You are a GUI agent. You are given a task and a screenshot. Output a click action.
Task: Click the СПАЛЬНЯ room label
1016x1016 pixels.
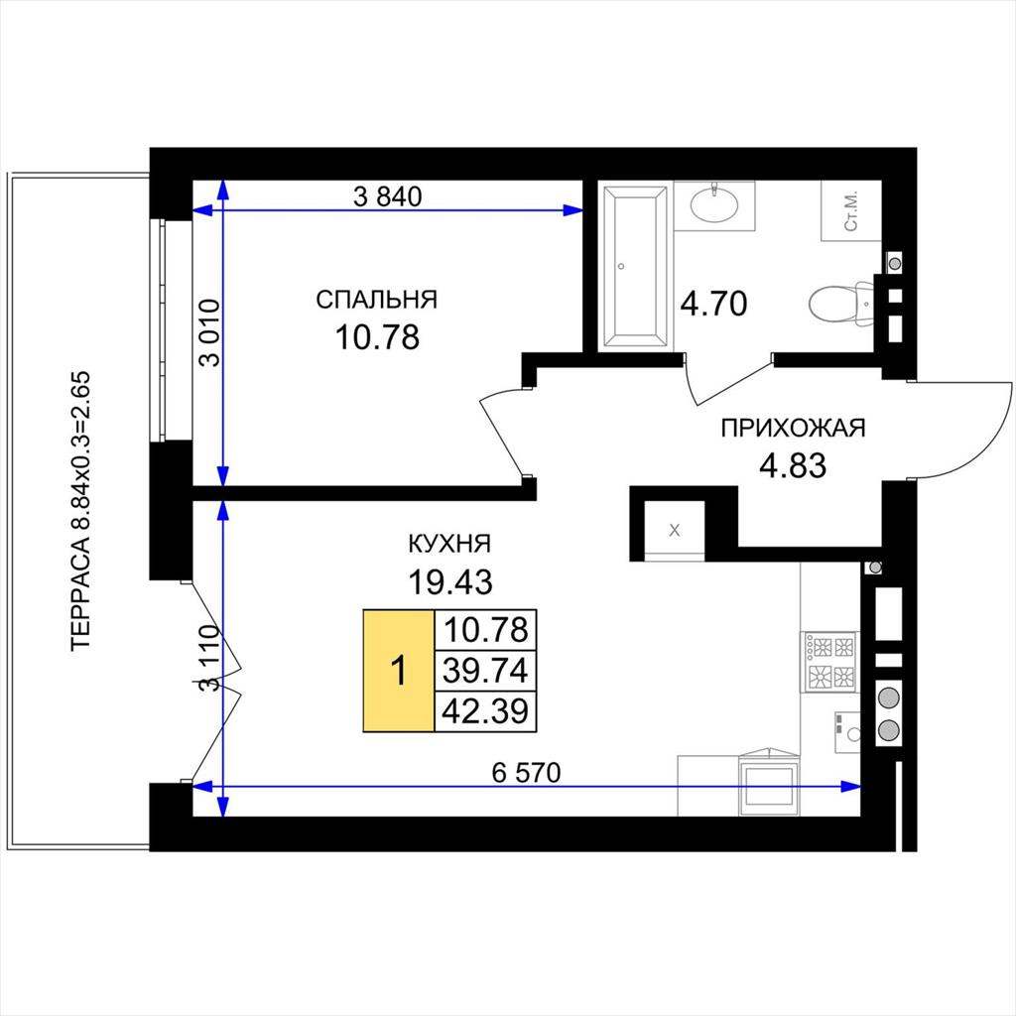tap(376, 300)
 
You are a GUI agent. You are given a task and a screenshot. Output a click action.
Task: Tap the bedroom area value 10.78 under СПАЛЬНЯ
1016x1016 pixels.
tap(377, 337)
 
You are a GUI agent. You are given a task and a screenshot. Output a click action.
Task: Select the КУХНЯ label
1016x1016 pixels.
tap(449, 544)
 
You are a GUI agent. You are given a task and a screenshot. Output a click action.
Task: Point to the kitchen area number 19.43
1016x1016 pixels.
tap(449, 581)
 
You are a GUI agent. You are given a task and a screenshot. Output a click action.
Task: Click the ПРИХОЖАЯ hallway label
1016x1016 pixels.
tap(793, 429)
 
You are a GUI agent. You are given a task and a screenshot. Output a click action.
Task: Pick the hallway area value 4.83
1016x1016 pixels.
tap(793, 465)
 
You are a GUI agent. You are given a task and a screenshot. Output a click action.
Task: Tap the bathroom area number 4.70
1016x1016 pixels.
tap(713, 304)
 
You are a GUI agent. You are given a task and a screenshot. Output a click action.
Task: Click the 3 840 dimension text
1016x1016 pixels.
tap(388, 196)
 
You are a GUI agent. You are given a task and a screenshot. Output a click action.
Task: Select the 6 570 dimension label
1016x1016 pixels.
tap(526, 772)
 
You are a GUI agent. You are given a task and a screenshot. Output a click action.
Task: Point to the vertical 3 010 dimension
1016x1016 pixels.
tap(210, 332)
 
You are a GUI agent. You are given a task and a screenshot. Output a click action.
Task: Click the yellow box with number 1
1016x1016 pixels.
tap(399, 671)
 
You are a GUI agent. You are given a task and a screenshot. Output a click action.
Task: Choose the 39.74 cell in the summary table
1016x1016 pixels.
tap(485, 671)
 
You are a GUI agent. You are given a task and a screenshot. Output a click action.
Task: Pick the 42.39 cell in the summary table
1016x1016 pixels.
tap(485, 711)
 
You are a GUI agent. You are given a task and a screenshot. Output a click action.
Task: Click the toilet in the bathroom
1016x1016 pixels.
tap(841, 304)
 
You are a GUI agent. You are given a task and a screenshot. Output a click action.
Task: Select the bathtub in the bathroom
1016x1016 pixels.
tap(635, 267)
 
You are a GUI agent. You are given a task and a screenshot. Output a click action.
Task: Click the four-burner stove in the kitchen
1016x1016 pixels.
tap(830, 662)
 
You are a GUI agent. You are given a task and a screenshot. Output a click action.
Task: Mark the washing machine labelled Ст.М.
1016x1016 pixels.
tap(851, 210)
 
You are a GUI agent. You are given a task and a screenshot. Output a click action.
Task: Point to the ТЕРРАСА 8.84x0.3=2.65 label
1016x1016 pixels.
tap(82, 511)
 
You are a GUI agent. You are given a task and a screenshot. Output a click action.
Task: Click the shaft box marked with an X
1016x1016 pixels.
tap(675, 530)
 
